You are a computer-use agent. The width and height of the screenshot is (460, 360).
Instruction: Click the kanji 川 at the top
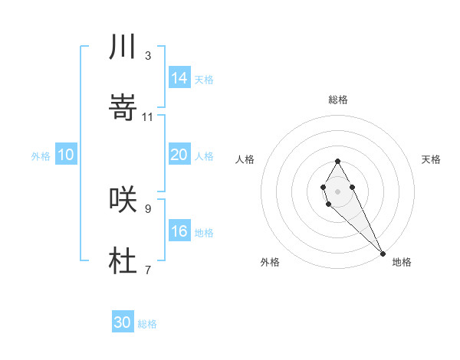click(123, 47)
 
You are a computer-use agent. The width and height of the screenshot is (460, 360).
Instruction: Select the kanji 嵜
click(123, 109)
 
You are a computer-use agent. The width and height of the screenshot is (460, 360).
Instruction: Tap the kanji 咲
click(123, 199)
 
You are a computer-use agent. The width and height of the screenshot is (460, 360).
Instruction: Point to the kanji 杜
click(123, 261)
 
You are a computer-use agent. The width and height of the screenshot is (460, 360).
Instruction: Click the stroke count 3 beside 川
click(148, 56)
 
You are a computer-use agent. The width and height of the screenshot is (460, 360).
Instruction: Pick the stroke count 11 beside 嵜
click(148, 117)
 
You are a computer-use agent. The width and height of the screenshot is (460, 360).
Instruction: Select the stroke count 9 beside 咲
click(148, 208)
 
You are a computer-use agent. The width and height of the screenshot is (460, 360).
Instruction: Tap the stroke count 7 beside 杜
click(148, 270)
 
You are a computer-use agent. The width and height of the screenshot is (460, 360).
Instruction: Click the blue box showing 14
click(179, 78)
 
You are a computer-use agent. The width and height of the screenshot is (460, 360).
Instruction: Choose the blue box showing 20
click(179, 155)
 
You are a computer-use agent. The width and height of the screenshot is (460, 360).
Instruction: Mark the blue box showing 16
click(179, 231)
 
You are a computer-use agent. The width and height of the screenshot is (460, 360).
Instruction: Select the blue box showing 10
click(66, 155)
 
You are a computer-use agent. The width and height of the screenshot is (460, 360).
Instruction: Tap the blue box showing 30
click(123, 322)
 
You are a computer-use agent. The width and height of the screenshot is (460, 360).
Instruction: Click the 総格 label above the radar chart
click(338, 100)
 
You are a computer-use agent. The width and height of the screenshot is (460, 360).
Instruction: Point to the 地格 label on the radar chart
click(402, 262)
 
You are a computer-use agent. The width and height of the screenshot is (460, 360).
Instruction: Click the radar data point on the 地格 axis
click(383, 253)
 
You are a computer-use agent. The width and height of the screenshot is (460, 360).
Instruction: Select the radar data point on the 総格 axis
click(337, 161)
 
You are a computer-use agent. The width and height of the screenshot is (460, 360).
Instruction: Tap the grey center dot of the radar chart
click(337, 190)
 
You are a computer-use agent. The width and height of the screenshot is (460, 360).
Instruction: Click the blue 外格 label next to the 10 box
click(41, 155)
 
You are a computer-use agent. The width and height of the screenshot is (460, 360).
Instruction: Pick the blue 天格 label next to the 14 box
click(204, 79)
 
